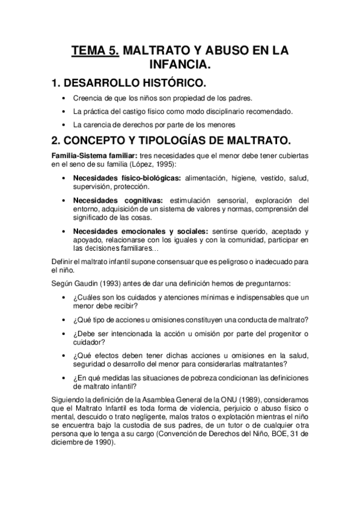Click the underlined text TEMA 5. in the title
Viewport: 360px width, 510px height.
point(96,52)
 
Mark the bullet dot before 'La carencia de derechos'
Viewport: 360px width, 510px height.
point(64,125)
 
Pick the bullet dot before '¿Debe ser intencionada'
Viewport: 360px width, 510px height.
point(64,333)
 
